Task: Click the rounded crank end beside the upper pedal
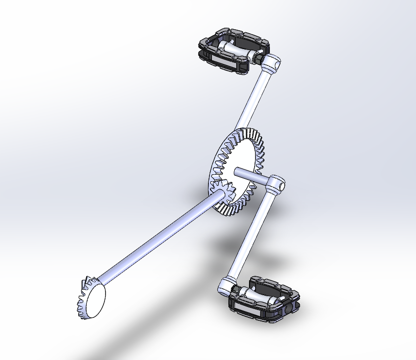pyautogui.click(x=271, y=63)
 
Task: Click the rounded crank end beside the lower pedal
pyautogui.click(x=225, y=286)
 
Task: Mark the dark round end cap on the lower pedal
pyautogui.click(x=290, y=308)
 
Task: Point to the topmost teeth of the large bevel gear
pyautogui.click(x=243, y=133)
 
